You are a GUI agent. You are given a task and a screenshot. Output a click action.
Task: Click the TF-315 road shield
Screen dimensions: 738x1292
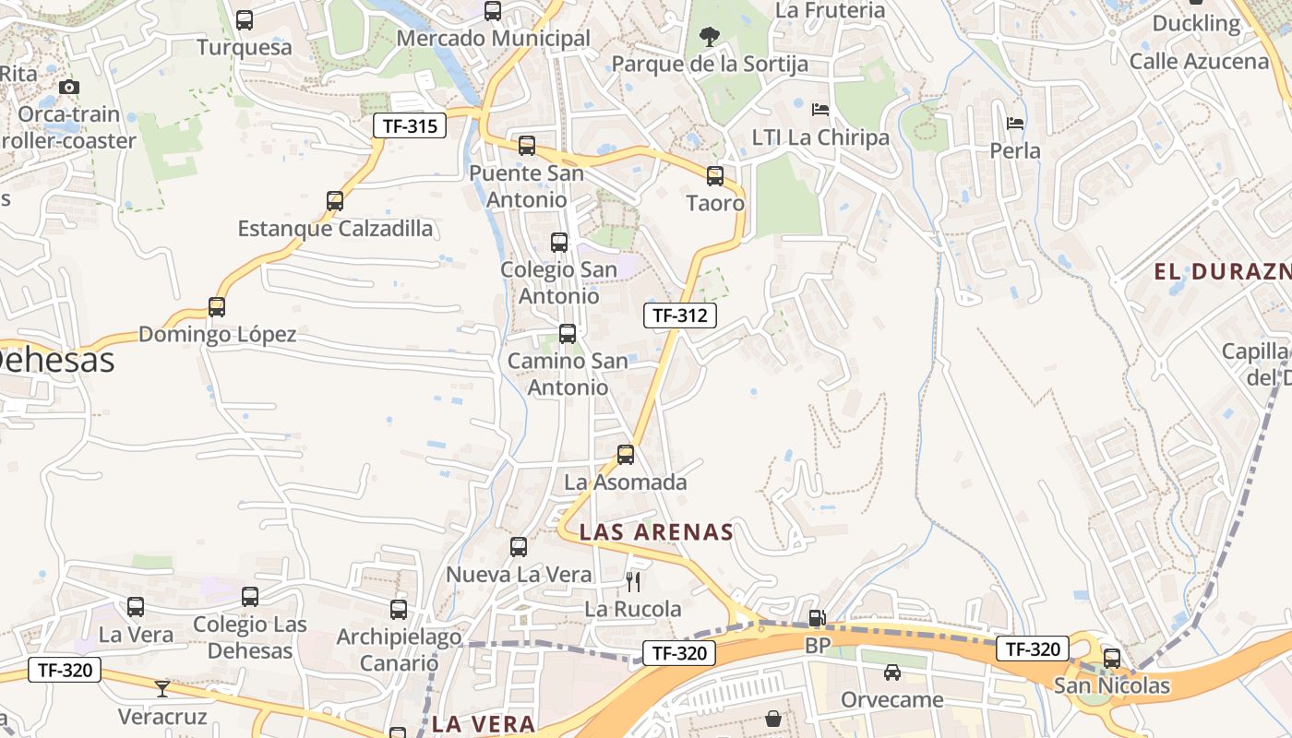pyautogui.click(x=409, y=126)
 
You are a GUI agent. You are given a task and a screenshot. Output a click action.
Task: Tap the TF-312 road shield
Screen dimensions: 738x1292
pyautogui.click(x=679, y=315)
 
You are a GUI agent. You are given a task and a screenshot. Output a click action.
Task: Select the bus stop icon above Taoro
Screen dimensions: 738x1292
pyautogui.click(x=715, y=175)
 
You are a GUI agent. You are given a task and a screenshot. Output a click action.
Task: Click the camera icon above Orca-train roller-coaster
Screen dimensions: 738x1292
pyautogui.click(x=69, y=88)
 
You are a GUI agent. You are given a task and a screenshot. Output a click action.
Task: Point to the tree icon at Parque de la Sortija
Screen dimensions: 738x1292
pyautogui.click(x=710, y=37)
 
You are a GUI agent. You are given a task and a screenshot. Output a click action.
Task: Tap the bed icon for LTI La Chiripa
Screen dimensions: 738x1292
pyautogui.click(x=820, y=110)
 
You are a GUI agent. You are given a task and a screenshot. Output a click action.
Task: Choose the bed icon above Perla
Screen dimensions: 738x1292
pyautogui.click(x=1015, y=123)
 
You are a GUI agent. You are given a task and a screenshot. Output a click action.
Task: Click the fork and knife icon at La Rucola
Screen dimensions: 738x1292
pyautogui.click(x=633, y=581)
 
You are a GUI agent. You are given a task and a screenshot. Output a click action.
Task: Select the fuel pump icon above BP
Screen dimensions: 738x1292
pyautogui.click(x=817, y=618)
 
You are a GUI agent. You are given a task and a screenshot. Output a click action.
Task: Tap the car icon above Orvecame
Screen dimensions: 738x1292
pyautogui.click(x=892, y=673)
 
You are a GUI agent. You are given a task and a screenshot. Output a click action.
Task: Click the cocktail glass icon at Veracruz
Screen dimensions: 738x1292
pyautogui.click(x=162, y=688)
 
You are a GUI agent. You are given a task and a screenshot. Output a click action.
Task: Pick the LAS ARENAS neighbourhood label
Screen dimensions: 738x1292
pyautogui.click(x=656, y=532)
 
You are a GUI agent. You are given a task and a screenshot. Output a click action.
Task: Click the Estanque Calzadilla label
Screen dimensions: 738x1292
pyautogui.click(x=335, y=229)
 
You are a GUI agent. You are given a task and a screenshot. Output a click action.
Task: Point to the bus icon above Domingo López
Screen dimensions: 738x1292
pyautogui.click(x=217, y=307)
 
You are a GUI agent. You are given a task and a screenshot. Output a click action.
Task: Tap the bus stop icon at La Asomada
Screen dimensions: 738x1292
pyautogui.click(x=626, y=454)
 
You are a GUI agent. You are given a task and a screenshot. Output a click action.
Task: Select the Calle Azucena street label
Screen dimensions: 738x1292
pyautogui.click(x=1199, y=62)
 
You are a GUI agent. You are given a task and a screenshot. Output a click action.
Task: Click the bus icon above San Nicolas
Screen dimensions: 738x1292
pyautogui.click(x=1112, y=658)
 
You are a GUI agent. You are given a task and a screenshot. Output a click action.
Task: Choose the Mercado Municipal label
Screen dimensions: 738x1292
pyautogui.click(x=493, y=39)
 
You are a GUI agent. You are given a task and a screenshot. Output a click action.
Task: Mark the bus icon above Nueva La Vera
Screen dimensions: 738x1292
pyautogui.click(x=519, y=547)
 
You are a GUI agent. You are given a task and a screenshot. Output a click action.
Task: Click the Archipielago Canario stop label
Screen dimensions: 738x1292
pyautogui.click(x=399, y=649)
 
